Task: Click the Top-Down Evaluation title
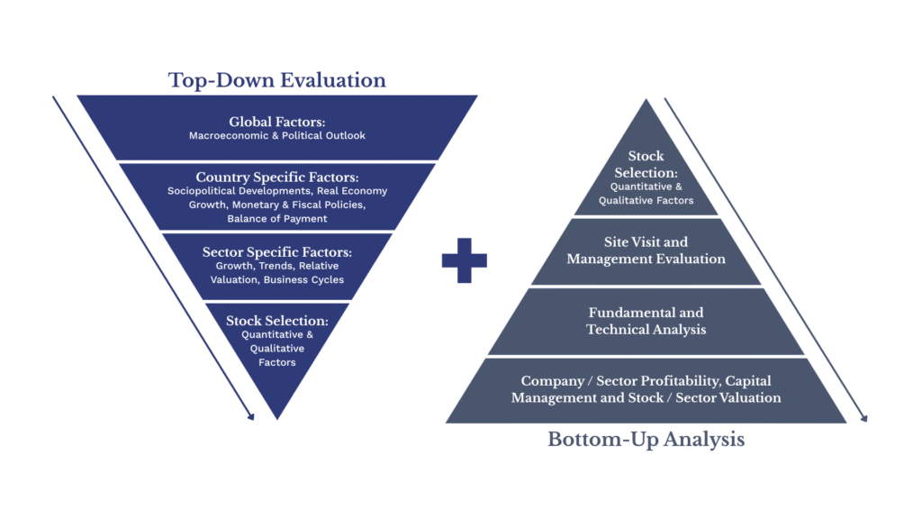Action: coord(276,80)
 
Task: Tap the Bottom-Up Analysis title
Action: coord(646,441)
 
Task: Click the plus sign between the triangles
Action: coord(464,260)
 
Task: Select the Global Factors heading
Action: coord(276,122)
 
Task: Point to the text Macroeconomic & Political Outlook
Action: coord(276,136)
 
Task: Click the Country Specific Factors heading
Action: coord(276,177)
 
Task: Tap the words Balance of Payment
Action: coord(276,219)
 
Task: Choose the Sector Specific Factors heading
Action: coord(276,251)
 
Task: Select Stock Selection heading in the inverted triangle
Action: coord(276,320)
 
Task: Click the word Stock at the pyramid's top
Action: coord(646,156)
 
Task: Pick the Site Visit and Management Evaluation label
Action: coord(646,250)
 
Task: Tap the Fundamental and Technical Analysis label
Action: coord(646,321)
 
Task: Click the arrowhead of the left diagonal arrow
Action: coord(250,415)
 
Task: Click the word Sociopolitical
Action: coord(202,191)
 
